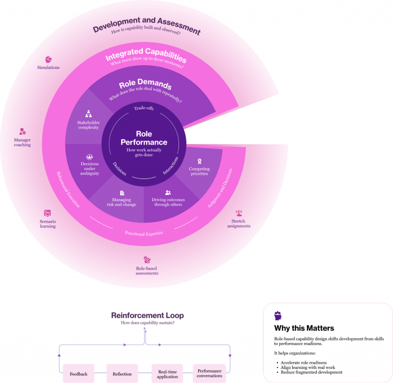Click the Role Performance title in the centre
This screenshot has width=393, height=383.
pyautogui.click(x=144, y=138)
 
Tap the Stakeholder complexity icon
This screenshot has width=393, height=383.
pyautogui.click(x=88, y=114)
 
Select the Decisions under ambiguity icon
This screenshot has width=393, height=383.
pyautogui.click(x=89, y=157)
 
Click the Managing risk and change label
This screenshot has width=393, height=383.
pyautogui.click(x=121, y=202)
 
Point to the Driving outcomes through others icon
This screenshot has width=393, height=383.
pyautogui.click(x=168, y=193)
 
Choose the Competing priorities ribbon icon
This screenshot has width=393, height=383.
pyautogui.click(x=199, y=161)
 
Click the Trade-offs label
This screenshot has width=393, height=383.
pyautogui.click(x=144, y=108)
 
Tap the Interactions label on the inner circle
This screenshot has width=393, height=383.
pyautogui.click(x=170, y=165)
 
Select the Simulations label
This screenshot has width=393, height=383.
pyautogui.click(x=48, y=68)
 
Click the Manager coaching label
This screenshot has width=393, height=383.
pyautogui.click(x=22, y=142)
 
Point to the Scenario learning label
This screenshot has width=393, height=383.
pyautogui.click(x=48, y=224)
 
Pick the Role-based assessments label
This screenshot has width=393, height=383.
pyautogui.click(x=147, y=271)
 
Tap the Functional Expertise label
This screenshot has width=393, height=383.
pyautogui.click(x=144, y=233)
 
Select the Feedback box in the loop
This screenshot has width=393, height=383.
pyautogui.click(x=78, y=374)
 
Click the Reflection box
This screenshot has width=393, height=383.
pyautogui.click(x=122, y=374)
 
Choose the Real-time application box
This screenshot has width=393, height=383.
pyautogui.click(x=168, y=374)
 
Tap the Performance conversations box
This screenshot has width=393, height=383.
pyautogui.click(x=210, y=373)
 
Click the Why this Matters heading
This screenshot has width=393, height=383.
pyautogui.click(x=304, y=328)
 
